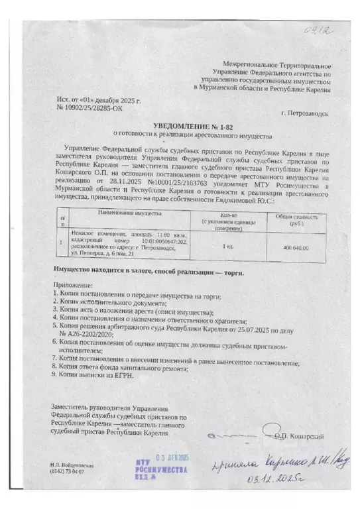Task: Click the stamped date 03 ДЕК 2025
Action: [x=172, y=457]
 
